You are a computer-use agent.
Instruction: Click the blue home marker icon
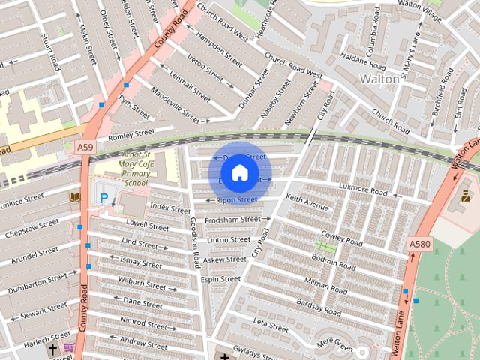[x=239, y=172]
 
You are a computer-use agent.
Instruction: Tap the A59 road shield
[x=85, y=148]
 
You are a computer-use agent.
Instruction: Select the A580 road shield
[x=420, y=244]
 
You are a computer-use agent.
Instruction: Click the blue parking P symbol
[x=104, y=198]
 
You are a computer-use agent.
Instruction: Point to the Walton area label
[x=379, y=78]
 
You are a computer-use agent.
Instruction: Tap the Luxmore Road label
[x=363, y=190]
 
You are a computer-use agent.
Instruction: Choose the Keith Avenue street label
[x=307, y=202]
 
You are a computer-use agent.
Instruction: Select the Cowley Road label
[x=341, y=238]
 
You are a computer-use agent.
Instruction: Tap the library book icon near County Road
[x=74, y=197]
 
